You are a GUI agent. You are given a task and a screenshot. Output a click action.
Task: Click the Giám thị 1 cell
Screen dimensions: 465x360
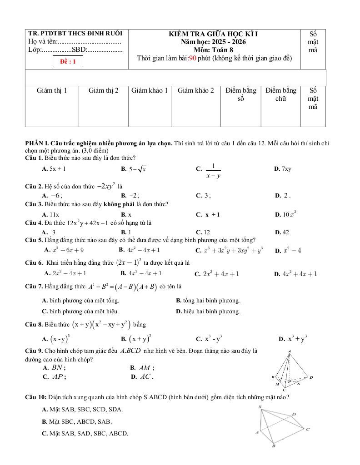pyautogui.click(x=52, y=90)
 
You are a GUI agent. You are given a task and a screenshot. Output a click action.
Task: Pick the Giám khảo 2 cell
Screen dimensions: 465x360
pyautogui.click(x=196, y=90)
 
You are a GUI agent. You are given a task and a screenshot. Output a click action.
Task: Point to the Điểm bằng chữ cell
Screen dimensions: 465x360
pyautogui.click(x=281, y=94)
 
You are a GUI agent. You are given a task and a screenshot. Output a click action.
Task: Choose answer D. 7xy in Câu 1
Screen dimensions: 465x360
pyautogui.click(x=283, y=169)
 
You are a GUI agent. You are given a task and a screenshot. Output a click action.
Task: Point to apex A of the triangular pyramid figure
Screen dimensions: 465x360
pyautogui.click(x=290, y=351)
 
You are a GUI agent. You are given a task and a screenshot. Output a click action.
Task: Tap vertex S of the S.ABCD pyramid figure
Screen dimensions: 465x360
pyautogui.click(x=260, y=407)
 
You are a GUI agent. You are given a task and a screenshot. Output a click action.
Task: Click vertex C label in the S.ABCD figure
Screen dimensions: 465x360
pyautogui.click(x=308, y=429)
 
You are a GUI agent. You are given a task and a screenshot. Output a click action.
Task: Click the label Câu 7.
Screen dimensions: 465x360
pyautogui.click(x=34, y=287)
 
